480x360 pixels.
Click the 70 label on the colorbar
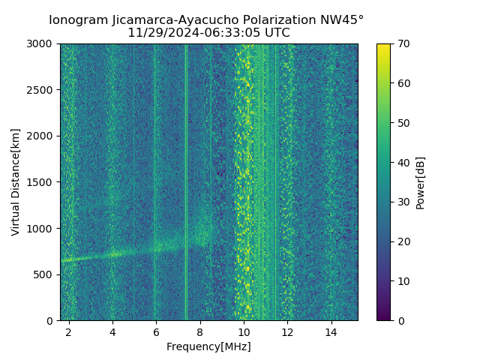[403, 43]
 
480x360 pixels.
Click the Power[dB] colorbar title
[421, 182]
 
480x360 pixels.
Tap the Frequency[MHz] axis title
[208, 346]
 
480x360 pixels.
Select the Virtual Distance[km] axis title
[16, 182]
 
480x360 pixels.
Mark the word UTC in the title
[275, 33]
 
